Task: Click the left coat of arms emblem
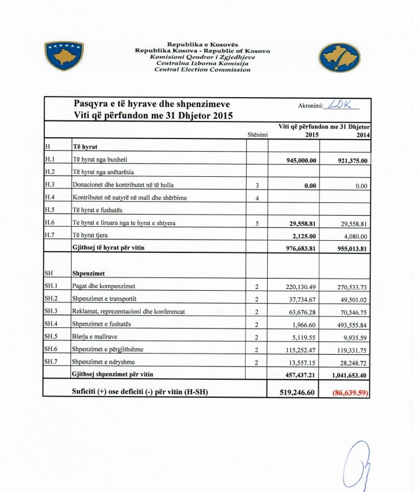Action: pyautogui.click(x=64, y=56)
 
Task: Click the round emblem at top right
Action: pyautogui.click(x=339, y=57)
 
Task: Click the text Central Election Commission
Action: pyautogui.click(x=202, y=69)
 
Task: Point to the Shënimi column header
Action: pyautogui.click(x=257, y=135)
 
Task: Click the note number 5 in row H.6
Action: pyautogui.click(x=257, y=223)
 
